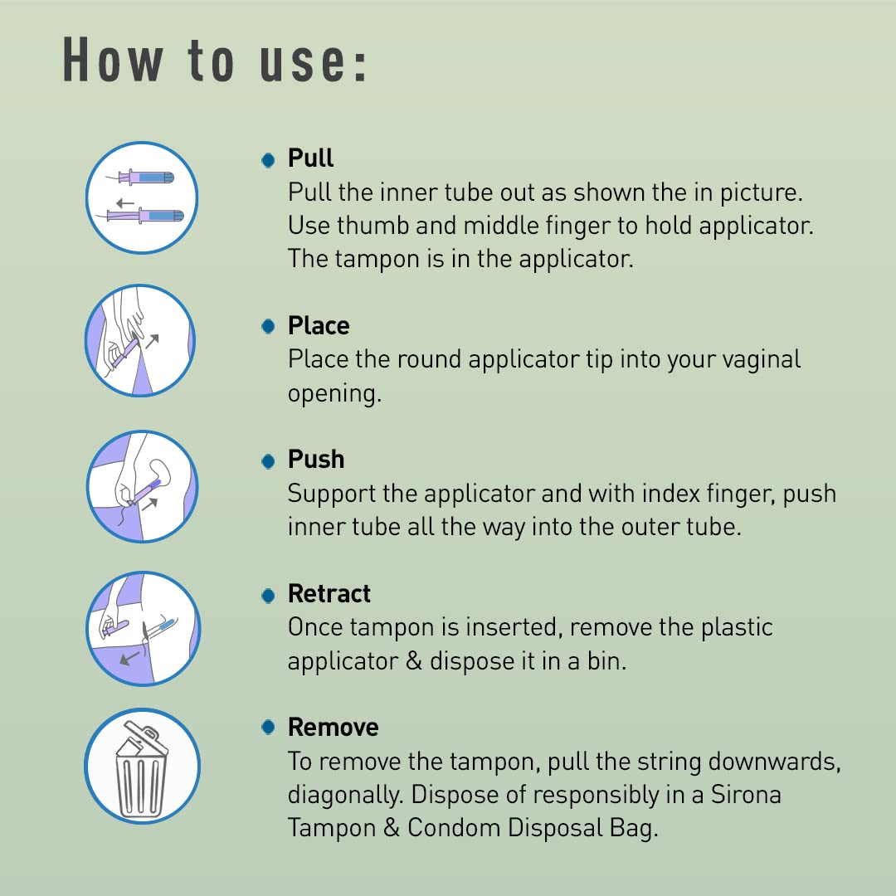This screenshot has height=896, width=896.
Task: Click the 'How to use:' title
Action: [x=214, y=60]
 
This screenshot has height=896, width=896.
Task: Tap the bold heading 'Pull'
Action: [x=310, y=158]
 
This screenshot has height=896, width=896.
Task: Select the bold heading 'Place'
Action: [x=319, y=326]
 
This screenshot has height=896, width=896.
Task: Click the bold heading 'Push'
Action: [x=316, y=460]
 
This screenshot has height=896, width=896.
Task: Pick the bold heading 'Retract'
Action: [x=329, y=594]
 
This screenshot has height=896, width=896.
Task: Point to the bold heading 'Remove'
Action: [x=334, y=728]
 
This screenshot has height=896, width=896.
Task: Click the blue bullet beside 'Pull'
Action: [x=268, y=160]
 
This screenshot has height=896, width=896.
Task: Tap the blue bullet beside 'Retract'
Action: [x=268, y=596]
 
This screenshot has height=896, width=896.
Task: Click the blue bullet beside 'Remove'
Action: [x=268, y=727]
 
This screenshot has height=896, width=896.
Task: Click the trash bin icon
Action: [x=143, y=767]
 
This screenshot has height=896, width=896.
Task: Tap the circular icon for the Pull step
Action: [x=142, y=197]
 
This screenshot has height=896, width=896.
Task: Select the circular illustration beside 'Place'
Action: [x=140, y=341]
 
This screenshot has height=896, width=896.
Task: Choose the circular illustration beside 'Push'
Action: [x=143, y=486]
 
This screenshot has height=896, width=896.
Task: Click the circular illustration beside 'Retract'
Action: [x=143, y=629]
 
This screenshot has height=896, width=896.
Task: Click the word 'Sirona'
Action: [x=746, y=794]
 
